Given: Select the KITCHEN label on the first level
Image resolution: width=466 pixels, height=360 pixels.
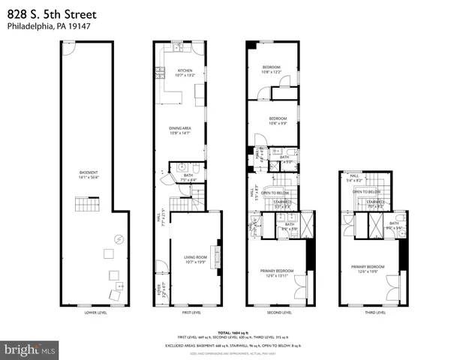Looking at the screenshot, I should click(x=185, y=73).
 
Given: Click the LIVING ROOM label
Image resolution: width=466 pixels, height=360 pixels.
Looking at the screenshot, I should click(x=195, y=259).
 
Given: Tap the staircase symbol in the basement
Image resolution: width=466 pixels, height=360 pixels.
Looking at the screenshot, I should click(x=86, y=204).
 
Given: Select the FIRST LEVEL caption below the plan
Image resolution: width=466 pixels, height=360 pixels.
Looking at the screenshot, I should click(x=191, y=313).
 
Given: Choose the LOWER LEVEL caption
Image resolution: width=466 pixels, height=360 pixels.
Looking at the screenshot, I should click(x=96, y=313).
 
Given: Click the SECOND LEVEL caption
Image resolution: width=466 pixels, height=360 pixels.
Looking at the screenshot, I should click(x=279, y=313).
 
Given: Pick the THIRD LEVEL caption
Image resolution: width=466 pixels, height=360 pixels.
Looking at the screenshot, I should click(x=375, y=313).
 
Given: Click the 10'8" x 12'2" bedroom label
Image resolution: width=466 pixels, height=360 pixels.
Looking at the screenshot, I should click(x=271, y=70).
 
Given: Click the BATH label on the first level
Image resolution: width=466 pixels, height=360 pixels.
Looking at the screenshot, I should click(x=188, y=177).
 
